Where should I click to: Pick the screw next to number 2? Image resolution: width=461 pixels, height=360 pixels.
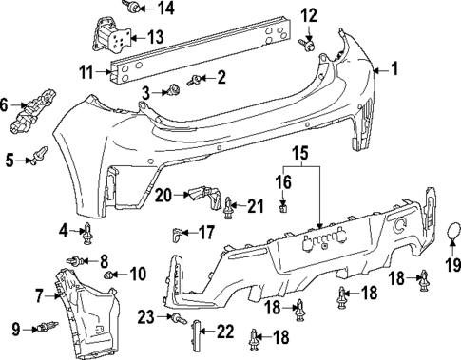(x=198, y=79)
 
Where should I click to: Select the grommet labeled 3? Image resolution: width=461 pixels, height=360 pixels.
(x=173, y=90)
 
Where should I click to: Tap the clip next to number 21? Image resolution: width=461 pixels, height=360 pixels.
(x=229, y=201)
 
